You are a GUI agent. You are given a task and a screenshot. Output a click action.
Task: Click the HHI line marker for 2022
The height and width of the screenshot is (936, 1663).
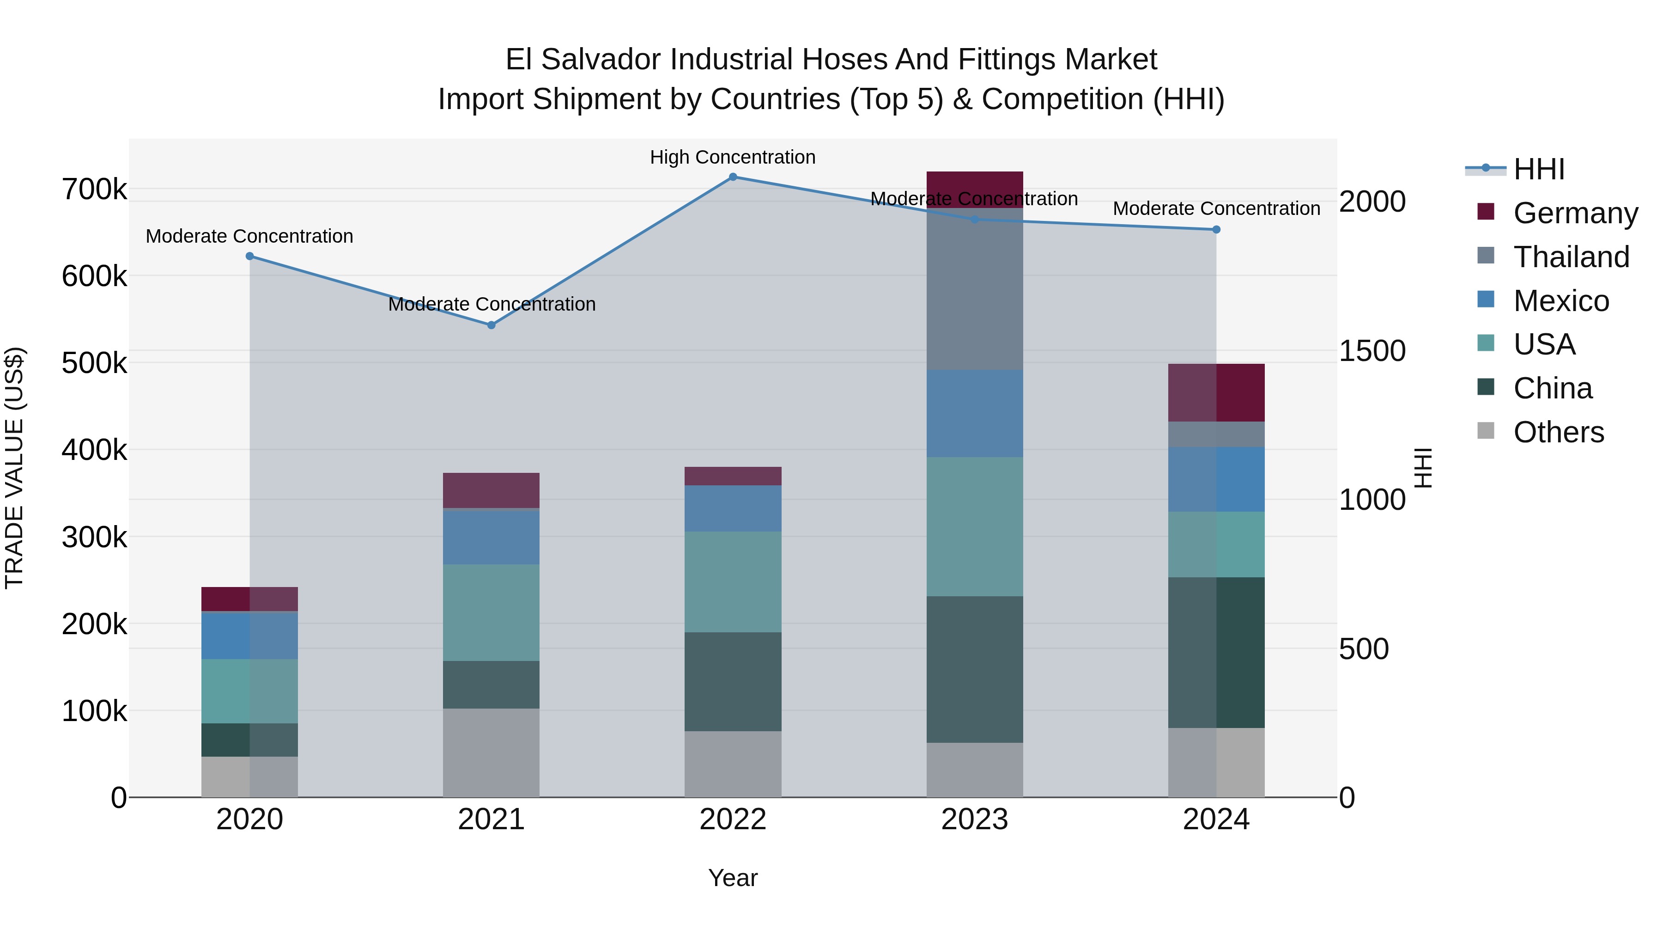pos(733,177)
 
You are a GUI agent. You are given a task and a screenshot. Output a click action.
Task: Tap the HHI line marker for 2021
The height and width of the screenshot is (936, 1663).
pos(492,325)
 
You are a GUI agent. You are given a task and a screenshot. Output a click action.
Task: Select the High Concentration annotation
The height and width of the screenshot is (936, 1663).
pos(733,158)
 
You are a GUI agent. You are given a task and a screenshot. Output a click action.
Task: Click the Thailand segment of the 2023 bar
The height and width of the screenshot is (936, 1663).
pos(974,289)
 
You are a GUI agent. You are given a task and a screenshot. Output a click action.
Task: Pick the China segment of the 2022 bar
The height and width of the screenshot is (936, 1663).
pos(733,681)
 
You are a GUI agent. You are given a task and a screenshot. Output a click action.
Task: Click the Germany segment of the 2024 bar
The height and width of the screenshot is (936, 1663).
pos(1216,393)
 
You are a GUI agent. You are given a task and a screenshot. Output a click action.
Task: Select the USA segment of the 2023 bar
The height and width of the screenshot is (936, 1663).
pos(974,526)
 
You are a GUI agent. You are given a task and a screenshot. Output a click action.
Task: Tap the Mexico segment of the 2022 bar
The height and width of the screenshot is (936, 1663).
pos(733,508)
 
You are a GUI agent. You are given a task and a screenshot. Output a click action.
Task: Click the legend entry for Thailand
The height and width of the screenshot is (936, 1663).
pos(1571,257)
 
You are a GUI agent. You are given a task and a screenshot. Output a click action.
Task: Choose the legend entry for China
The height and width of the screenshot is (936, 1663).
pos(1552,389)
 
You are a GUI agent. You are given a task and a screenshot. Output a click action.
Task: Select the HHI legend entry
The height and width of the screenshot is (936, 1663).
pos(1538,169)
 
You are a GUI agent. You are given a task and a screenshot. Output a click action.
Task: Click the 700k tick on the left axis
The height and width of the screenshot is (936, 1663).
pos(94,190)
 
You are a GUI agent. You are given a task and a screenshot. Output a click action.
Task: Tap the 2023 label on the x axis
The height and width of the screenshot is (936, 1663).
pos(974,820)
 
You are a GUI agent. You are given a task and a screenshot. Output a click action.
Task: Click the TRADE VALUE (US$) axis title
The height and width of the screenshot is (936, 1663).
pos(14,468)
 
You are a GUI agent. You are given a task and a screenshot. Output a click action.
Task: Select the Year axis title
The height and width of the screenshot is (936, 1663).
pos(733,878)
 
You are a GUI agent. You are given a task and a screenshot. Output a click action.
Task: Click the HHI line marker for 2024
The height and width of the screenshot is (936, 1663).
pos(1216,229)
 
